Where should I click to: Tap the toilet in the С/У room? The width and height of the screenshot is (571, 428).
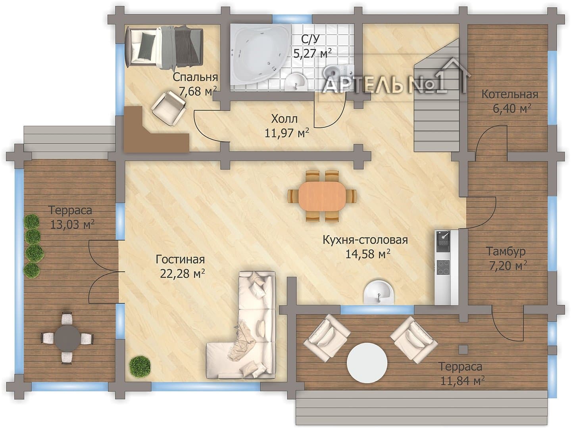tap(338, 71)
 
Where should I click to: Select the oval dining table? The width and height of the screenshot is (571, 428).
tap(322, 196)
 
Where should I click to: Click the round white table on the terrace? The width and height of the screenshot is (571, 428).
tap(367, 363)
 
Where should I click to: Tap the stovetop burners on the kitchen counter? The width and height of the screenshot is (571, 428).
tap(443, 267)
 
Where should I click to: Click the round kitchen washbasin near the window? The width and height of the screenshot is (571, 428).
tap(379, 292)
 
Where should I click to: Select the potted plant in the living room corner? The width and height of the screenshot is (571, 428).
tap(140, 367)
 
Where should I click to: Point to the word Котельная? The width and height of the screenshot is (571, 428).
tap(509, 94)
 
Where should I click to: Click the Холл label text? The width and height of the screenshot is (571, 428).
tap(285, 119)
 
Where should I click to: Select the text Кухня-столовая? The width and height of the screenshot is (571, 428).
tap(365, 240)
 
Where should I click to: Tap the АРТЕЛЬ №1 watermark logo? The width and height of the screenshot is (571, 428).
tap(395, 78)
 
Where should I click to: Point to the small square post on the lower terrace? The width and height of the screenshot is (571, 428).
tap(463, 349)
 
